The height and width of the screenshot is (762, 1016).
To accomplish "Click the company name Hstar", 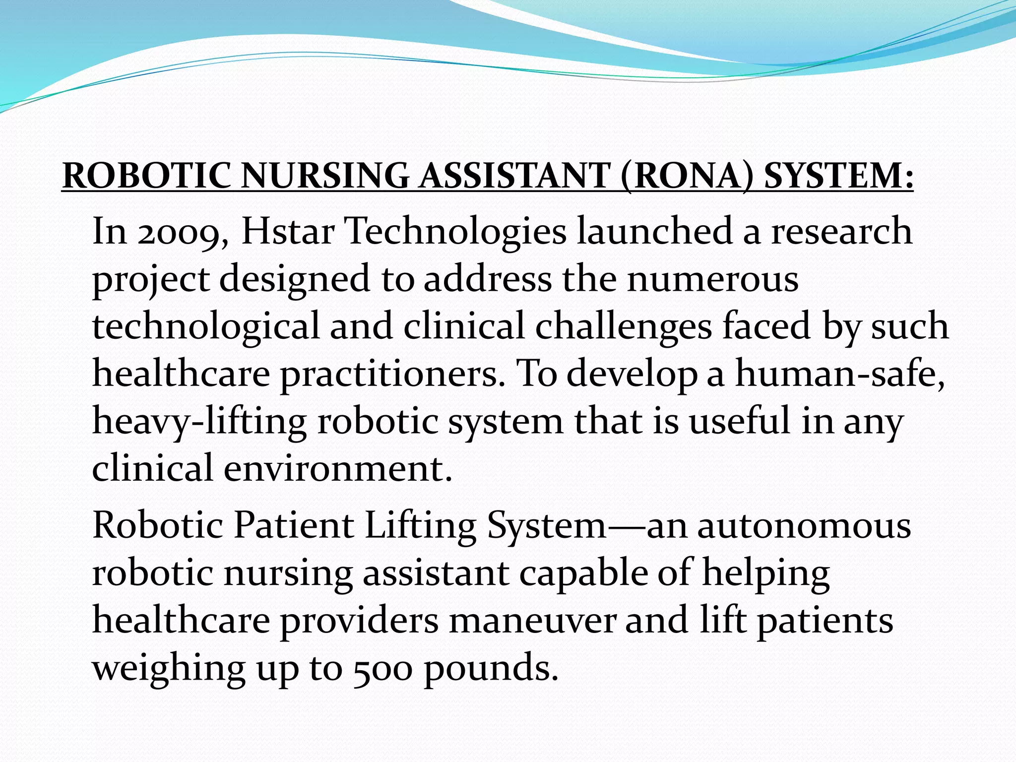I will (287, 231).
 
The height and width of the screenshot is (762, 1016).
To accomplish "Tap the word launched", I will (654, 231).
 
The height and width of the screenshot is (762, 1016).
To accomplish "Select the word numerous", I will (712, 279).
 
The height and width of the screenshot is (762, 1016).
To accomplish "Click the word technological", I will (206, 326).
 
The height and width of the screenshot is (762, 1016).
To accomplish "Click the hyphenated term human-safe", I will (839, 373).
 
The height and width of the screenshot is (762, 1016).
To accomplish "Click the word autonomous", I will (804, 525).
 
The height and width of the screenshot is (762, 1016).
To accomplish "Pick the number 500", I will (382, 669).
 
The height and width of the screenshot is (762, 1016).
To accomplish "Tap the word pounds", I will (491, 669).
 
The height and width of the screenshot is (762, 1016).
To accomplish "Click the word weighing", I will (169, 669).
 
